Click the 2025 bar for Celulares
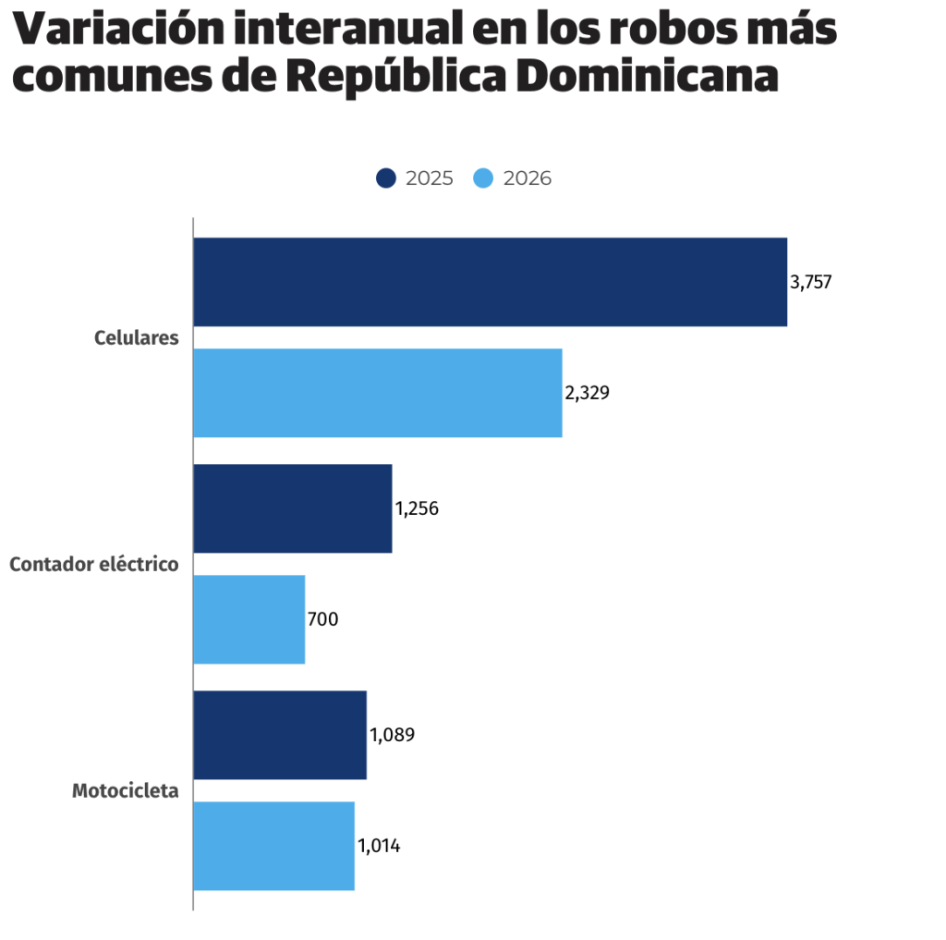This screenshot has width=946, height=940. click(x=490, y=282)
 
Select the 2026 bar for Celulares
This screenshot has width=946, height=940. click(x=377, y=393)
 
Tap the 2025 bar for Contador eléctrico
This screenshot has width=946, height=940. click(x=292, y=508)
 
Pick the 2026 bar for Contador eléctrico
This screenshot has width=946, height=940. click(x=249, y=619)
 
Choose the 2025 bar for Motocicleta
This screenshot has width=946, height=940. click(x=279, y=735)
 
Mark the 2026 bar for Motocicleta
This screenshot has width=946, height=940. click(x=273, y=846)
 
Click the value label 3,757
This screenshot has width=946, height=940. click(x=811, y=283)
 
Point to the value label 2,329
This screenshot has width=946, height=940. click(x=588, y=394)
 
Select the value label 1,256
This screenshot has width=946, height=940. click(x=417, y=509)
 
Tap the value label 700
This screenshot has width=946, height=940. click(x=323, y=620)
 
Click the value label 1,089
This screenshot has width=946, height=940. click(x=393, y=736)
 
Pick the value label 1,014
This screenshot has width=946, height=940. click(x=379, y=847)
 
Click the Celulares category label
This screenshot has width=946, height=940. click(x=136, y=338)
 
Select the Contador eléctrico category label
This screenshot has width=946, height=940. click(x=93, y=564)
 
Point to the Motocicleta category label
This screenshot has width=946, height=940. click(x=125, y=791)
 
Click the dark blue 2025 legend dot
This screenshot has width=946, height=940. click(x=386, y=178)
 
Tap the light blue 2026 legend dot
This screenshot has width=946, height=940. click(x=484, y=178)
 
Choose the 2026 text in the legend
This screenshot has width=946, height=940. click(x=528, y=178)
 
